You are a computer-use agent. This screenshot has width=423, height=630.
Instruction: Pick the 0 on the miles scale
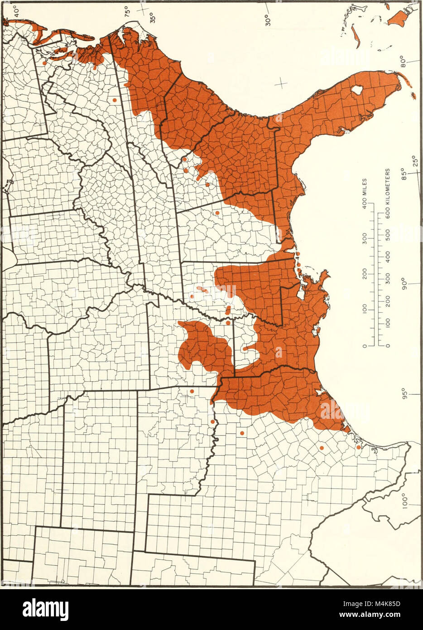pos(365,347)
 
